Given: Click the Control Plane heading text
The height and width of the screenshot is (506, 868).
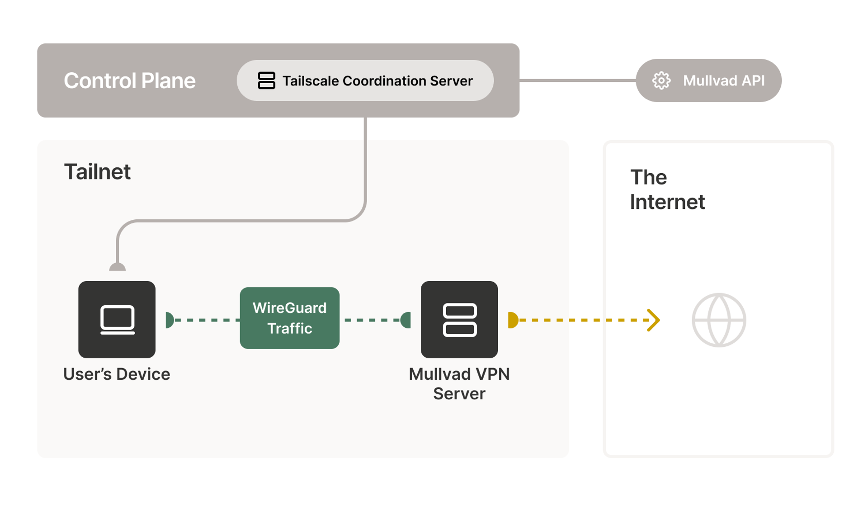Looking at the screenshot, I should pyautogui.click(x=129, y=80).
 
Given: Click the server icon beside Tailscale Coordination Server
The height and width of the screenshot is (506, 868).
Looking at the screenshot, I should pyautogui.click(x=266, y=80).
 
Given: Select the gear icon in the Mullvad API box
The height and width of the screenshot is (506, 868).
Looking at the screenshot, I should pyautogui.click(x=661, y=80).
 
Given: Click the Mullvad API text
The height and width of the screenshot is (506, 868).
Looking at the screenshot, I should pyautogui.click(x=723, y=80).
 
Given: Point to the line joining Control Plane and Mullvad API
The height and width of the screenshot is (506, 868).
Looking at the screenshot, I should pyautogui.click(x=577, y=80).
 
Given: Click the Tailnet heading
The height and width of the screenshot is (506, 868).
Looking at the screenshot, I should pyautogui.click(x=97, y=172).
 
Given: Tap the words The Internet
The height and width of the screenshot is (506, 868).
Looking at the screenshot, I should pyautogui.click(x=667, y=189).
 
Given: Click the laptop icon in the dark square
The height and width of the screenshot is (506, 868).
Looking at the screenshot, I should pyautogui.click(x=117, y=320).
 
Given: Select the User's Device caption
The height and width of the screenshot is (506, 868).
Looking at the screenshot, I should pyautogui.click(x=117, y=374).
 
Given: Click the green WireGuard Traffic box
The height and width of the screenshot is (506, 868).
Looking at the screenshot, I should pyautogui.click(x=289, y=318).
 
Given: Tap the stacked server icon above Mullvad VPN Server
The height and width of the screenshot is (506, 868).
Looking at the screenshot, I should pyautogui.click(x=459, y=320).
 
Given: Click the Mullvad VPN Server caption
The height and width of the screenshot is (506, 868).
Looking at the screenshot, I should pyautogui.click(x=459, y=383).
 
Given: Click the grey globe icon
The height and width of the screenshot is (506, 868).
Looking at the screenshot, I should pyautogui.click(x=718, y=320).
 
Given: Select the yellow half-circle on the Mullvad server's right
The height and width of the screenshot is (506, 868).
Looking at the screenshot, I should pyautogui.click(x=513, y=320).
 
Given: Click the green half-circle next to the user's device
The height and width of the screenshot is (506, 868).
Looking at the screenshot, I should pyautogui.click(x=170, y=320).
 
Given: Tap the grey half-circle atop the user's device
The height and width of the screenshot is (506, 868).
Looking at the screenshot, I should pyautogui.click(x=118, y=267).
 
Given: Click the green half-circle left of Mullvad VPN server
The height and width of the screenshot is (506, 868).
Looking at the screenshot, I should pyautogui.click(x=406, y=320).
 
